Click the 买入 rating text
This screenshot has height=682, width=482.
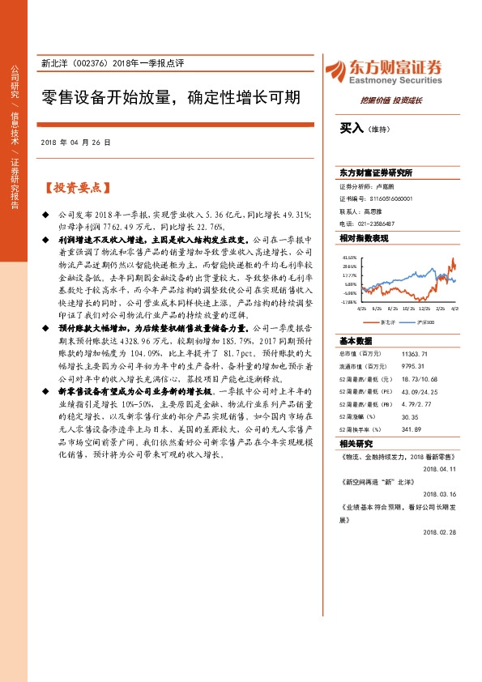(351, 128)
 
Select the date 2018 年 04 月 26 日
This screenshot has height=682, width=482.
(75, 142)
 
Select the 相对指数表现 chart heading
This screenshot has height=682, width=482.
(364, 238)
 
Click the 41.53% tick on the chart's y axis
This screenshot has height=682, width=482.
(349, 256)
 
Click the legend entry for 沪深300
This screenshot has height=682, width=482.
(425, 322)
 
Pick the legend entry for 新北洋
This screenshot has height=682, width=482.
(388, 322)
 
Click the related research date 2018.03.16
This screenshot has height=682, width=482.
(441, 493)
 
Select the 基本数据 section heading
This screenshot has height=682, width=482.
(356, 341)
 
